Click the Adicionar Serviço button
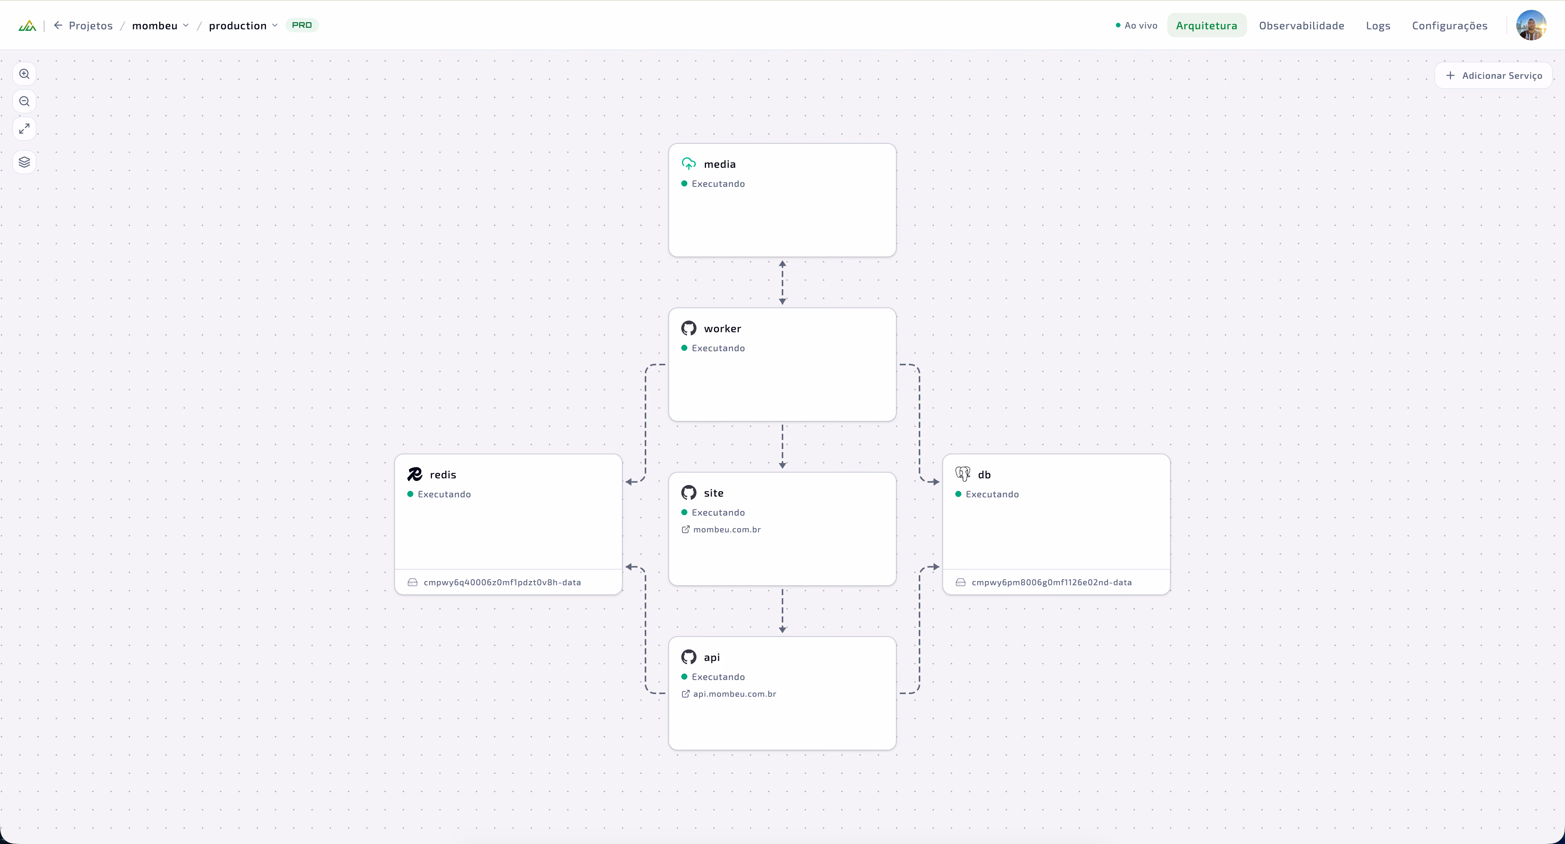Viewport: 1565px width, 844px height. [x=1493, y=75]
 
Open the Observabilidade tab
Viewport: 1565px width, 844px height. [x=1301, y=25]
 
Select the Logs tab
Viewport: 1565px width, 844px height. [x=1378, y=25]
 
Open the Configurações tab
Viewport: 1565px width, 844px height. [x=1450, y=25]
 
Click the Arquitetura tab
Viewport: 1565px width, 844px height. [x=1206, y=25]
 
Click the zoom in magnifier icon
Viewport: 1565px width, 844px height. [x=24, y=74]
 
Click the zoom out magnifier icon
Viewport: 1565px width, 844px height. [x=24, y=102]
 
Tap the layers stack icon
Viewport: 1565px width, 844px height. [x=24, y=162]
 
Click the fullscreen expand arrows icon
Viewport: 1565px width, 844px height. [x=24, y=129]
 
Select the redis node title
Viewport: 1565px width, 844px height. [x=443, y=475]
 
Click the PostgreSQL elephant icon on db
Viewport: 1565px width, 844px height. [x=963, y=474]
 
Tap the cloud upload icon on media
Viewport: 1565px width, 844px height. [x=688, y=164]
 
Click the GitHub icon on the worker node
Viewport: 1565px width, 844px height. [x=688, y=328]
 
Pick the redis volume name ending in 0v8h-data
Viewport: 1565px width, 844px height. [x=502, y=582]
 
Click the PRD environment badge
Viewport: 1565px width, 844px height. [x=302, y=25]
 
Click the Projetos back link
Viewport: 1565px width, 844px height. [x=83, y=25]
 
